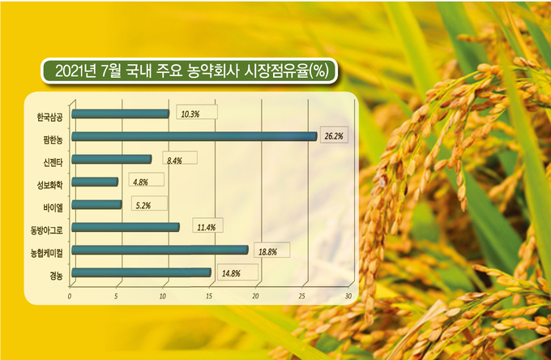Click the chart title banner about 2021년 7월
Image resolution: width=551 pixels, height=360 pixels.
tap(190, 71)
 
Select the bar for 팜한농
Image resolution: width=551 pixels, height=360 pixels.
tap(194, 136)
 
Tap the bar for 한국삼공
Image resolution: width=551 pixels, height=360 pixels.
tap(121, 114)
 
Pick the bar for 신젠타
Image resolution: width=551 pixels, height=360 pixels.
tap(112, 159)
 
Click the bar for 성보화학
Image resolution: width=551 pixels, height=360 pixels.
tap(95, 182)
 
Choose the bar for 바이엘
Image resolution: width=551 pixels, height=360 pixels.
tap(97, 204)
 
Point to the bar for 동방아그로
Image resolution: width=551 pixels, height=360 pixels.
tap(126, 227)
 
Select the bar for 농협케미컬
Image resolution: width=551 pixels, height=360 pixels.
tap(160, 250)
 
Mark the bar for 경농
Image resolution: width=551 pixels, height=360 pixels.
tap(142, 272)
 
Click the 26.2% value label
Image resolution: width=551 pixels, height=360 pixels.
tap(334, 136)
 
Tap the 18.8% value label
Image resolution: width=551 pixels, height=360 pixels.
tap(267, 251)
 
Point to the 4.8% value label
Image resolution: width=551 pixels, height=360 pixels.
tap(140, 182)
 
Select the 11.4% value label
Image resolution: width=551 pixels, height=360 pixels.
tap(207, 228)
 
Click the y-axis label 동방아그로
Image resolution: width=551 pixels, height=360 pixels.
tap(46, 230)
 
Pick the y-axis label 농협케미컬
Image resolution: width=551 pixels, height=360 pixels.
tap(46, 253)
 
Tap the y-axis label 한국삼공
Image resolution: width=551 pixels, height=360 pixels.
tap(49, 117)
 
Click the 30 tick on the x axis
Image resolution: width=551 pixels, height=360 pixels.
tap(348, 297)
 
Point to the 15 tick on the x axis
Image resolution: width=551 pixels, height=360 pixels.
tap(209, 297)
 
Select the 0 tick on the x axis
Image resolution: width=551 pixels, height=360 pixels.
tap(70, 297)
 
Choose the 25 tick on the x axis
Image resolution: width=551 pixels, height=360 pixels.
tap(302, 297)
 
